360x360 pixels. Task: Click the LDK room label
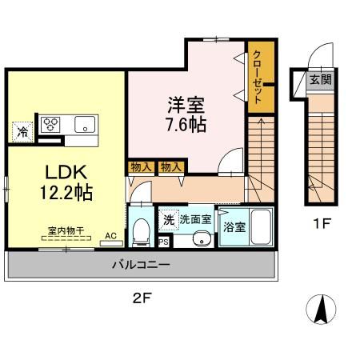pos(66,172)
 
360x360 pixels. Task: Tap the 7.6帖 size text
pos(186,125)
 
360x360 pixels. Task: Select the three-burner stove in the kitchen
pos(50,124)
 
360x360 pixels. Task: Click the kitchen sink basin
pos(85,124)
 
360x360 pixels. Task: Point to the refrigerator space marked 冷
pos(22,132)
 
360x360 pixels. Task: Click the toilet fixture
pos(141,232)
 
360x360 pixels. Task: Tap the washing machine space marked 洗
pos(169,220)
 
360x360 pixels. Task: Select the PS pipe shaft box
pos(163,242)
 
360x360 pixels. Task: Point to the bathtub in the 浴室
pos(261,227)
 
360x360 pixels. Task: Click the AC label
pos(110,236)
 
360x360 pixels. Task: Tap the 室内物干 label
pos(66,230)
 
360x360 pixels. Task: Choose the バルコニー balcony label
pos(141,265)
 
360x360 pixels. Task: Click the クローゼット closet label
pos(257,77)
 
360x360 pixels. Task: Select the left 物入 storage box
pos(141,167)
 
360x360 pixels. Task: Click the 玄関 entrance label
pos(321,79)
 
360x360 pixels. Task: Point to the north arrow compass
pos(321,310)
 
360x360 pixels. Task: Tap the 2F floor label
pos(142,298)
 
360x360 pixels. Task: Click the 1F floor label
pos(322,223)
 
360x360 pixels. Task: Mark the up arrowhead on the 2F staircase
pos(262,122)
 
